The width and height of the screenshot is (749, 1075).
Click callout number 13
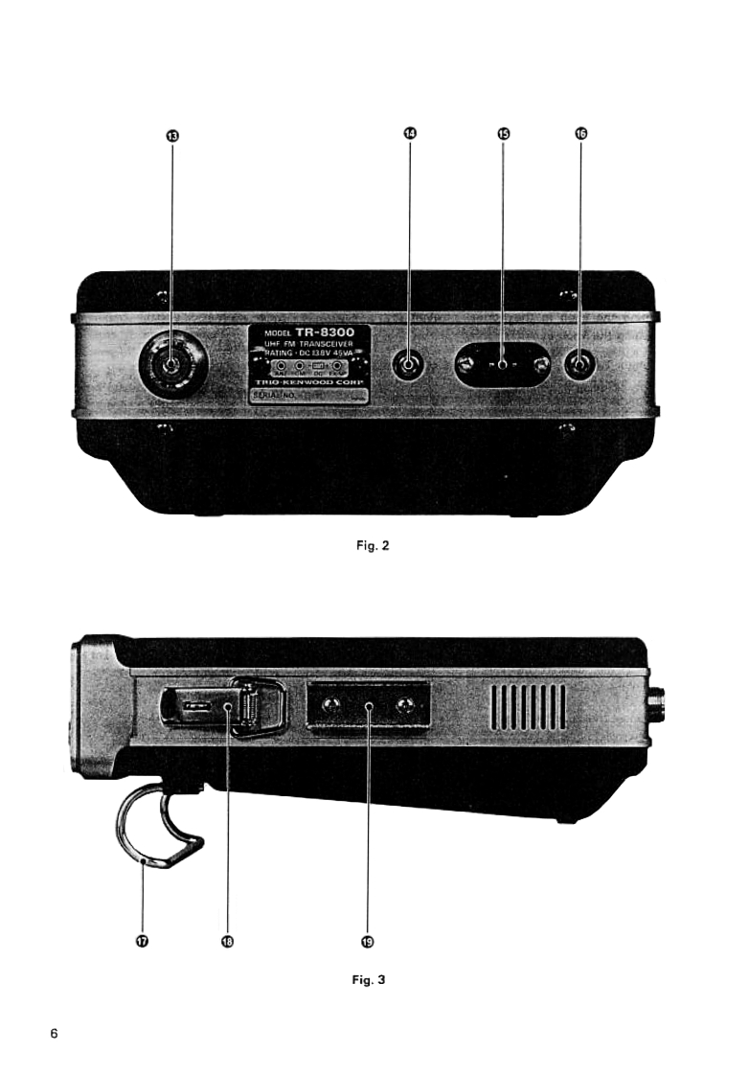172,137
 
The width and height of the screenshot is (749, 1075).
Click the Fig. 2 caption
374,546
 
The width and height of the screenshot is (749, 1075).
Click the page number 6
55,1034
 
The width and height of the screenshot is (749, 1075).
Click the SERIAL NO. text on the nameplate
277,394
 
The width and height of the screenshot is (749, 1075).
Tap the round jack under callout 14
410,365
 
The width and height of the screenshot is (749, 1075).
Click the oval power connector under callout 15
503,366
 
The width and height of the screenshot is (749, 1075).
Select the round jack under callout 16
581,365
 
